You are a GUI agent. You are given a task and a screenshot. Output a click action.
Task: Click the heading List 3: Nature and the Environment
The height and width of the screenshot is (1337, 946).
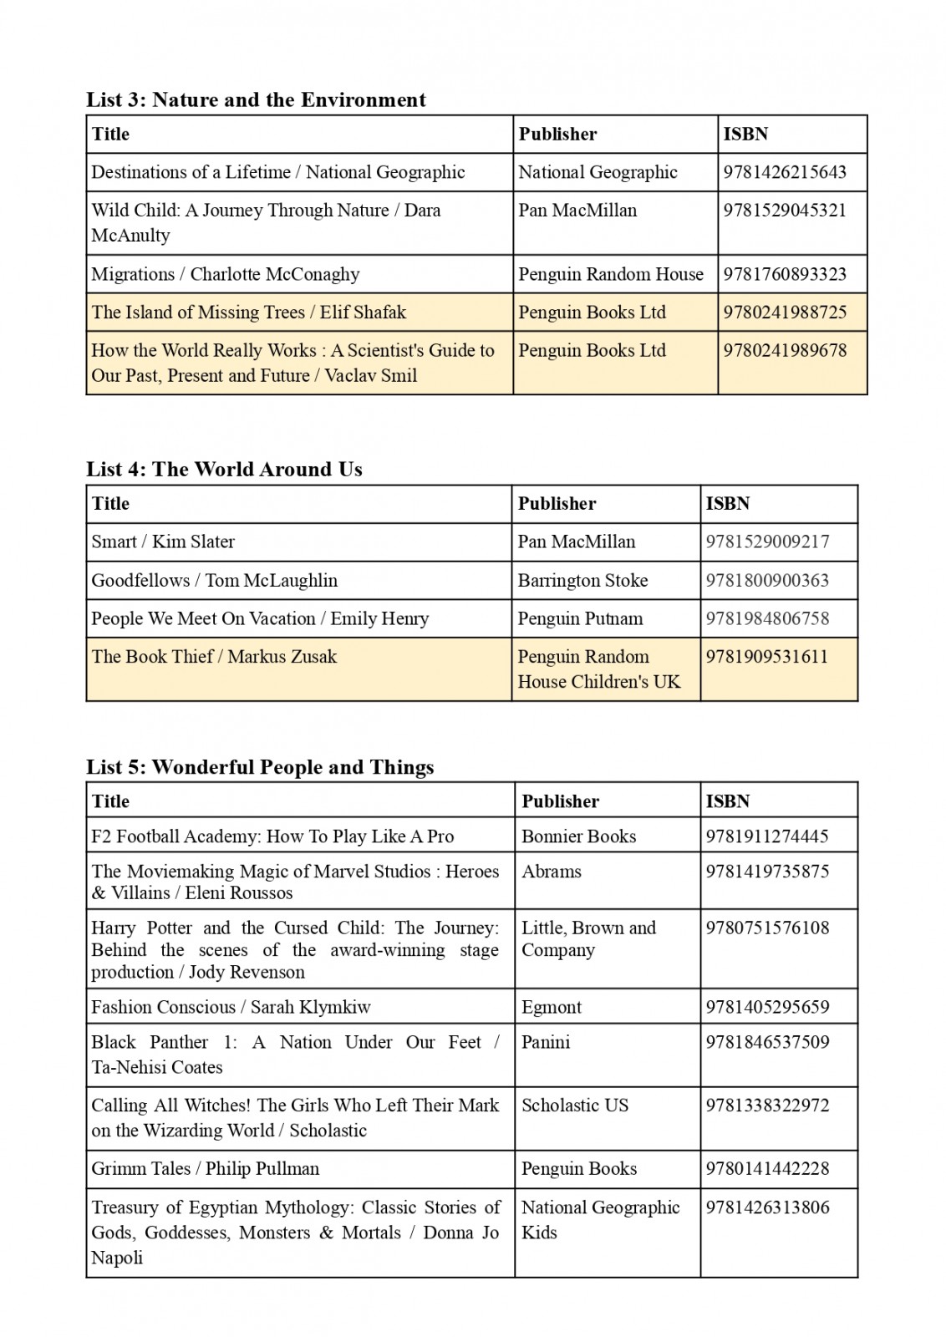point(256,100)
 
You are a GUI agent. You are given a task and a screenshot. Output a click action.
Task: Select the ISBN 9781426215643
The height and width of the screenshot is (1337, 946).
point(784,172)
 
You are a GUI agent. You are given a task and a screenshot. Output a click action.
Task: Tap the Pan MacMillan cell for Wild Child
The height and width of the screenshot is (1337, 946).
point(577,211)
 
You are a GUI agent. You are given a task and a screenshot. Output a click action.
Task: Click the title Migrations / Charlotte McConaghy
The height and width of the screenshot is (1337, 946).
point(226,274)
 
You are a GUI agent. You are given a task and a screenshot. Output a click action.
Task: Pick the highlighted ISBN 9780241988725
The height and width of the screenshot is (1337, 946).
point(784,313)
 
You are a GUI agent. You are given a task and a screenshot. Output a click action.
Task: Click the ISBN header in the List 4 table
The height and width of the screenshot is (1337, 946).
point(727,504)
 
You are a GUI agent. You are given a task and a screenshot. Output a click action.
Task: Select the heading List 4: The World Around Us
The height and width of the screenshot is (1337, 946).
point(224,470)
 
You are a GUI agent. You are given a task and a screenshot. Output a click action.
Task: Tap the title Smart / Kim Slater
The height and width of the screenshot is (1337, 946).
point(163,541)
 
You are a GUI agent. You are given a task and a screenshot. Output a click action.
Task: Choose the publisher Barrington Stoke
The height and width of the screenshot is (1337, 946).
point(582,580)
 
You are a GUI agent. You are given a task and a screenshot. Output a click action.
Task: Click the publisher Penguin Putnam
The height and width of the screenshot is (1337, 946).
point(580,618)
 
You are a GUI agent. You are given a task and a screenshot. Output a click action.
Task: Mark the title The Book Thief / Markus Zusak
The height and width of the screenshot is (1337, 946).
point(214,657)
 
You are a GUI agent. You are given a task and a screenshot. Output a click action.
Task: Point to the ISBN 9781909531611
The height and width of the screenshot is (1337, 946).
point(766,657)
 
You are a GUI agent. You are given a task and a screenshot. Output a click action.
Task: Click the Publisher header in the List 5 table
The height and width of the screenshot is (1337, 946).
point(560,801)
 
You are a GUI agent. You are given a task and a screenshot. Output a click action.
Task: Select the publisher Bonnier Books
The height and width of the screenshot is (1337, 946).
point(578,836)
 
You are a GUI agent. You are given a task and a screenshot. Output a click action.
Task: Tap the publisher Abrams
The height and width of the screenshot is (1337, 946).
point(551,872)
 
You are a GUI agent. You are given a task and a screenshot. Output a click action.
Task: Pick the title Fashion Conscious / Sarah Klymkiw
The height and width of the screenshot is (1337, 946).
point(231,1007)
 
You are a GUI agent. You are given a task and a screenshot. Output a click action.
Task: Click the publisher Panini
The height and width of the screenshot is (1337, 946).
point(546,1042)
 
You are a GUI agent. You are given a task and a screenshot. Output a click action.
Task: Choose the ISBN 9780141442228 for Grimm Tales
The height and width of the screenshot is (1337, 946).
point(767,1169)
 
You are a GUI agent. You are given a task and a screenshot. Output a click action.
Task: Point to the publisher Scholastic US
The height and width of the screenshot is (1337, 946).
point(574,1106)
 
